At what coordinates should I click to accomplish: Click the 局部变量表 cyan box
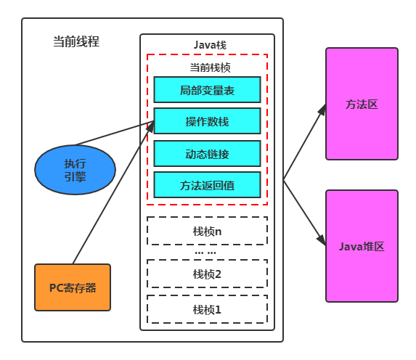coord(207,90)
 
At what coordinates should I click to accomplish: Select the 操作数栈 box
coord(207,121)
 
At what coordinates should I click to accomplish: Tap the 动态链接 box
coord(207,154)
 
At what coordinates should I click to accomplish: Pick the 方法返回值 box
coord(207,185)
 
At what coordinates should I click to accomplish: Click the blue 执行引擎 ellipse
coord(75,170)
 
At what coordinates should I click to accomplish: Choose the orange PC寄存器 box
coord(73,287)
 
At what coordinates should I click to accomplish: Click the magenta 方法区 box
coord(362,104)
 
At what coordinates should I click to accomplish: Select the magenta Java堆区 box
coord(362,246)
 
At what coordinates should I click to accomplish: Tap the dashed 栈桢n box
coord(207,231)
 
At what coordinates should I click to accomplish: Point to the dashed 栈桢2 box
coord(207,274)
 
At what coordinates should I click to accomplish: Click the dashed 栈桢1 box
coord(207,309)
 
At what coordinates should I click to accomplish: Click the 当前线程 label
coord(76,41)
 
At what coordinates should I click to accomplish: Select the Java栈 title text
coord(210,45)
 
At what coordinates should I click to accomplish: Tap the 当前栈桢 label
coord(210,67)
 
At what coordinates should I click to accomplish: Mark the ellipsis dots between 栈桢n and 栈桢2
coord(205,253)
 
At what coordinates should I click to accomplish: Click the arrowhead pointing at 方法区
coord(322,110)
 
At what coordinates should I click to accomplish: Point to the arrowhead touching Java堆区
coord(322,240)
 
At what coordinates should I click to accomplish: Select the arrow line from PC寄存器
coord(113,192)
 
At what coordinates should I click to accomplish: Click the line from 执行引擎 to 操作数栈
coord(115,133)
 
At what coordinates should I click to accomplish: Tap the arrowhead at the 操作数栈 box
coord(150,126)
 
